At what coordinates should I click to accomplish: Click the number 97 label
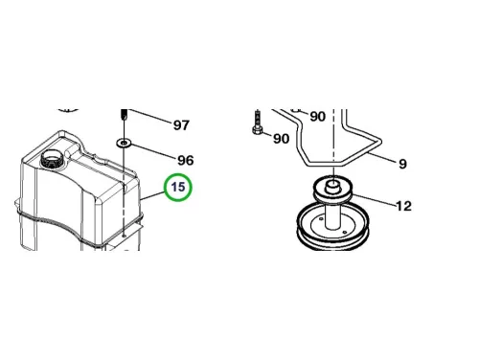181,124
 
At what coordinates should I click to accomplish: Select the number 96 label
186,160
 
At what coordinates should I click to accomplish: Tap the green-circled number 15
178,187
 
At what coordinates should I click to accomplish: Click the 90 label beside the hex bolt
281,139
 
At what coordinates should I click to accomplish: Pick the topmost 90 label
318,117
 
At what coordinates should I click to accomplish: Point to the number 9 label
402,164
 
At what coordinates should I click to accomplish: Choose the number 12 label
403,206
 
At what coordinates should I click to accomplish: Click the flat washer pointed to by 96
124,143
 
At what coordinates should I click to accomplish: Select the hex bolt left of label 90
258,124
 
